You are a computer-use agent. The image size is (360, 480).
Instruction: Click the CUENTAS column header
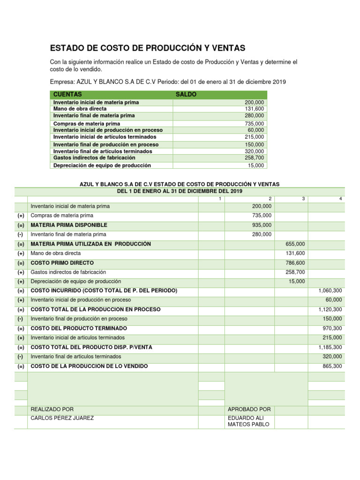click(x=67, y=94)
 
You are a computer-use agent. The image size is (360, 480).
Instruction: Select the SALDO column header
click(x=186, y=94)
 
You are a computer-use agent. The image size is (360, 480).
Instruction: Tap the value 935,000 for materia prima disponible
click(x=261, y=225)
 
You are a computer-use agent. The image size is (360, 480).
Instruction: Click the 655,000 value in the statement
click(x=295, y=244)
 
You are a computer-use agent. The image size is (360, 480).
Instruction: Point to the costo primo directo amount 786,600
click(x=295, y=263)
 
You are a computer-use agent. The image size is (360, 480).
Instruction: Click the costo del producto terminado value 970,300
click(x=331, y=328)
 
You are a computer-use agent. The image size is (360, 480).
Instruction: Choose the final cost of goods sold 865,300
click(x=331, y=366)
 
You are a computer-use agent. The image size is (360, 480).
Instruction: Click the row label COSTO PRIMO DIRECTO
click(x=62, y=263)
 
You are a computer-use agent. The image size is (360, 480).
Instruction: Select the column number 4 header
click(x=340, y=199)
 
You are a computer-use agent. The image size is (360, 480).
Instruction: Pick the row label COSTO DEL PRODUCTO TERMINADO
click(x=78, y=328)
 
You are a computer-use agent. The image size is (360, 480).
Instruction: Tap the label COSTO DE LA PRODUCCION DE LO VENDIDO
click(x=89, y=366)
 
